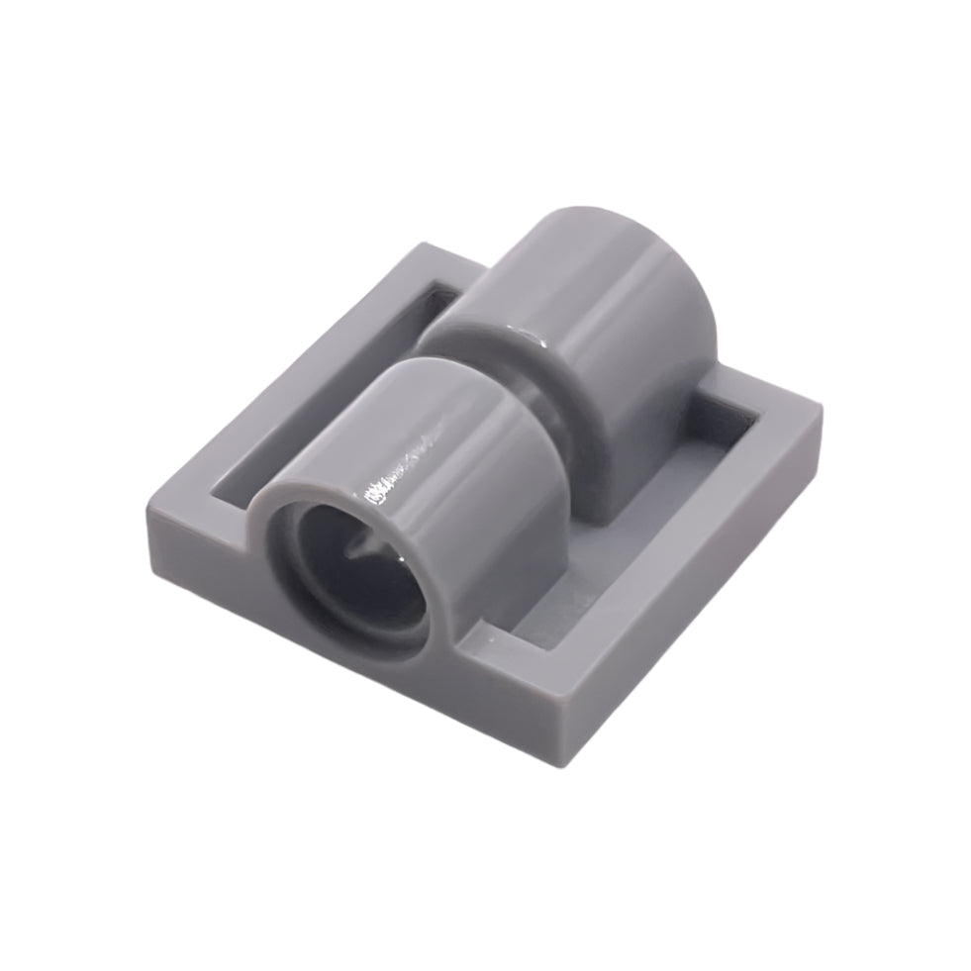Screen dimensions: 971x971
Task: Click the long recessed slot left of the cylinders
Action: coord(327,396)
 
